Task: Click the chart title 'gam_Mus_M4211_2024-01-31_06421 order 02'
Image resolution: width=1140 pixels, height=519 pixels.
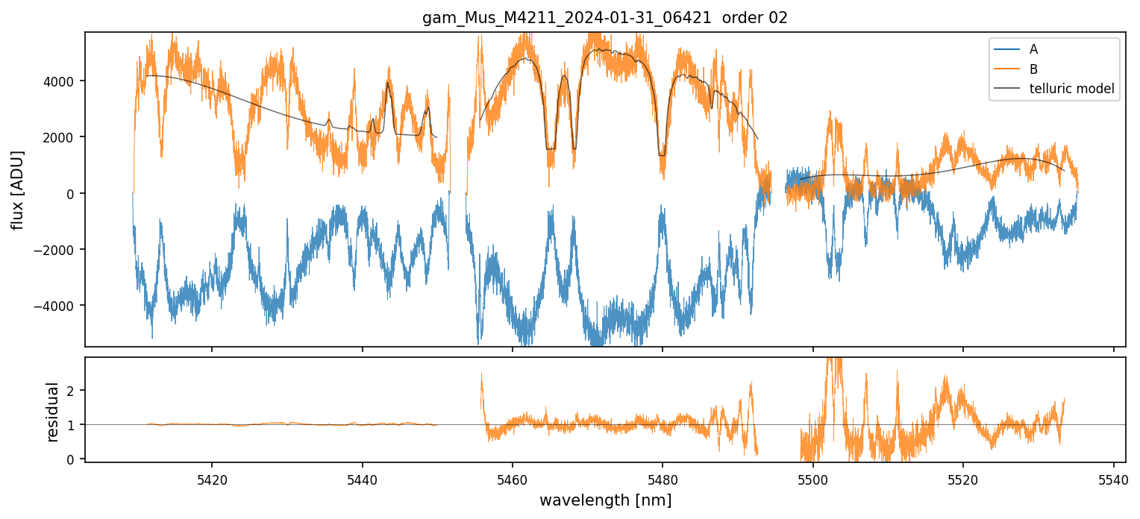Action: (x=605, y=18)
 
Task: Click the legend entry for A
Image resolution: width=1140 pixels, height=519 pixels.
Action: (x=1033, y=49)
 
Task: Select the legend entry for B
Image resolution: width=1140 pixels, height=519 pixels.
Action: (x=1033, y=69)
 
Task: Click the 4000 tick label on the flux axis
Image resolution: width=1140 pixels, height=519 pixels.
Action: (x=63, y=81)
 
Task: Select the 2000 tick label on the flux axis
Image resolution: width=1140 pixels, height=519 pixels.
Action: (x=63, y=137)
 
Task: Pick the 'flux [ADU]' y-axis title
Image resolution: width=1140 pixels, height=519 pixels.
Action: (x=17, y=189)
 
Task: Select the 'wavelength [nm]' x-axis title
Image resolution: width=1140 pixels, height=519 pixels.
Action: (x=605, y=500)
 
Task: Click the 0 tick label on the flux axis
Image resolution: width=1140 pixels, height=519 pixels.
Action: (x=73, y=194)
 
